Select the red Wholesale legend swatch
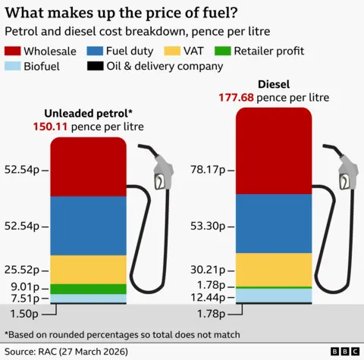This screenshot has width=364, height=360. click(12, 51)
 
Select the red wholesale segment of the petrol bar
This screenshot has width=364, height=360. click(88, 167)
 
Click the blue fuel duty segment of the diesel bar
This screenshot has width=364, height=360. click(274, 224)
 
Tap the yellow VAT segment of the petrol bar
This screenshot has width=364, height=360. click(88, 269)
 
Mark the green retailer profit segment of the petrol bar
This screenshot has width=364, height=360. click(88, 289)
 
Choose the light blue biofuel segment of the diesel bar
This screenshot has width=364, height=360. click(274, 295)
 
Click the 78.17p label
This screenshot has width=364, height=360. click(206, 169)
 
